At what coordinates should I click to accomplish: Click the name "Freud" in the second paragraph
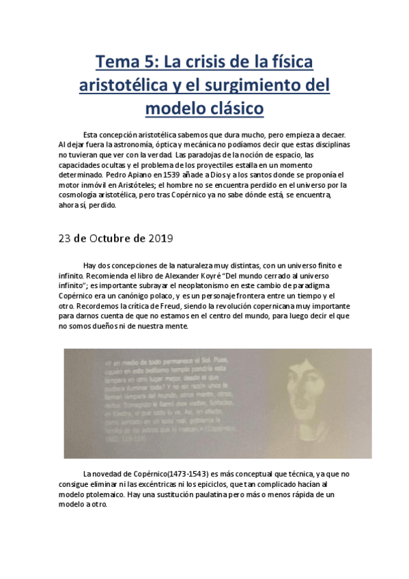click(x=156, y=306)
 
